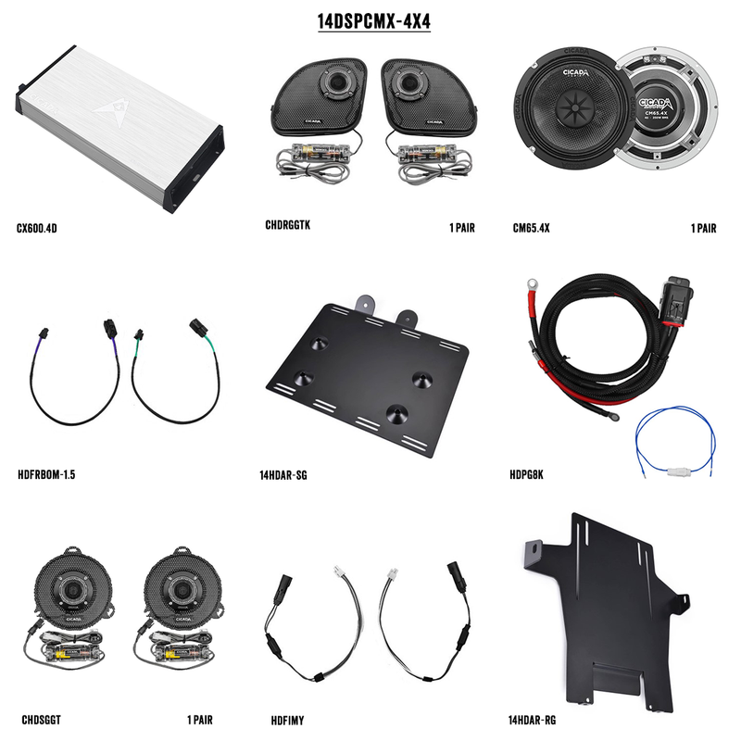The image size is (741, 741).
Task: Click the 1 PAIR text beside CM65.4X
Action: coord(707,226)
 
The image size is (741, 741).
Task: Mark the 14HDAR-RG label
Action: coord(533,718)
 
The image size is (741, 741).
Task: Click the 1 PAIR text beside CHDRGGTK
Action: coord(461,226)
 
